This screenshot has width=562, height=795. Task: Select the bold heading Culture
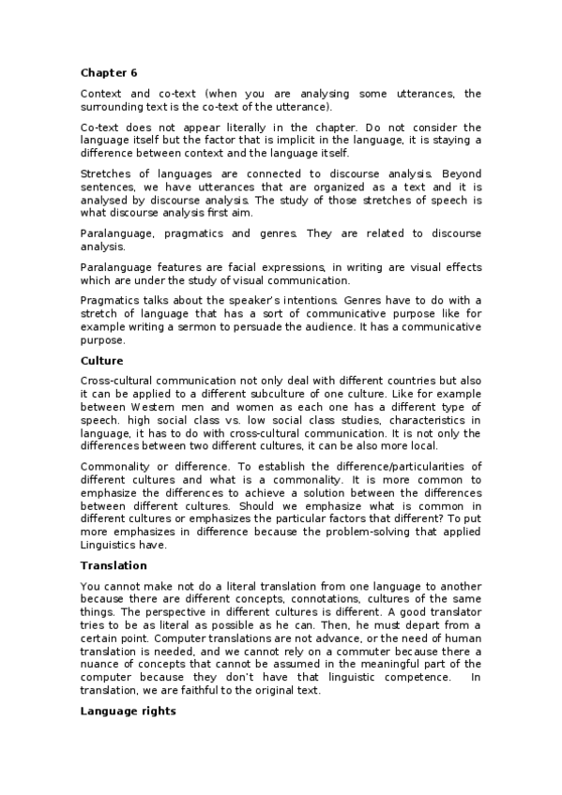click(x=102, y=360)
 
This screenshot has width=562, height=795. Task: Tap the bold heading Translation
click(x=114, y=565)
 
